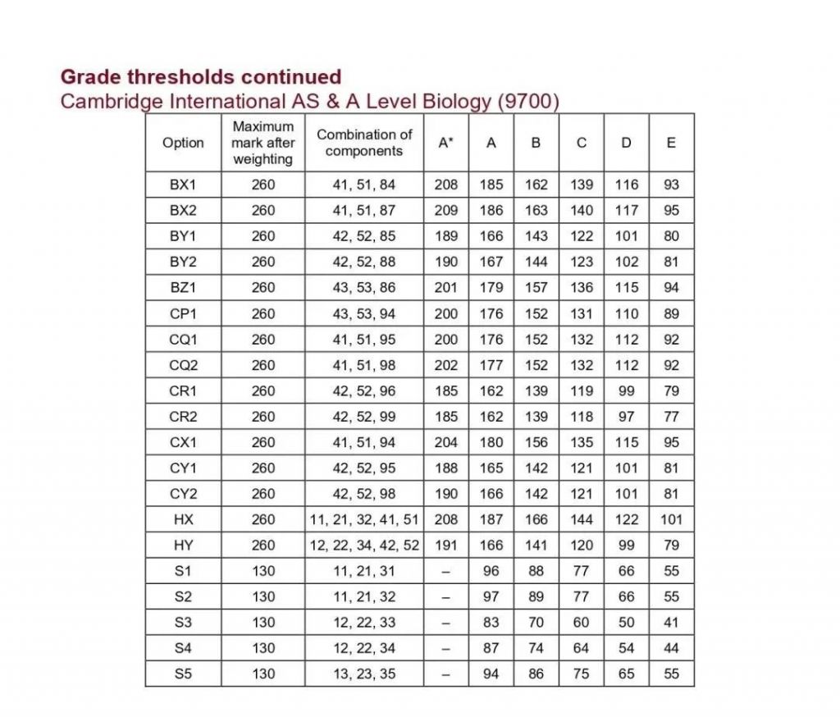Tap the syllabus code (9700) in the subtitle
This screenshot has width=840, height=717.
tap(528, 102)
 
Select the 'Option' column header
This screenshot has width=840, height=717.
tap(183, 143)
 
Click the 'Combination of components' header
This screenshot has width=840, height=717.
tap(364, 143)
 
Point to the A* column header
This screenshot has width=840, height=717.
tap(445, 143)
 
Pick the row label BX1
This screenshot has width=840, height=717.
tap(183, 185)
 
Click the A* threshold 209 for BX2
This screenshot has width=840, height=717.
tap(445, 210)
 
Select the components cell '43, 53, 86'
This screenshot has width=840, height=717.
tap(364, 288)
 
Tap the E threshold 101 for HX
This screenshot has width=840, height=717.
tap(671, 519)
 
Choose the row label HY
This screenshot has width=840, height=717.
tap(183, 545)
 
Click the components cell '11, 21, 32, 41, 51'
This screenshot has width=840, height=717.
tap(364, 519)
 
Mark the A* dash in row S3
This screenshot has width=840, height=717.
tap(445, 623)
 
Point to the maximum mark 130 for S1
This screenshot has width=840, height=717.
tap(263, 571)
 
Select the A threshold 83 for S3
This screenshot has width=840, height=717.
tap(491, 623)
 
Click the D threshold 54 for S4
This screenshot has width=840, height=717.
tap(626, 648)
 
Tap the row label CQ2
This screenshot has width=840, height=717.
tap(183, 365)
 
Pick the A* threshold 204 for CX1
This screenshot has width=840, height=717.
tap(445, 442)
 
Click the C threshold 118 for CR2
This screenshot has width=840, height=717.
tap(581, 417)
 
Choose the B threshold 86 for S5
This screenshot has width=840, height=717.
tap(536, 674)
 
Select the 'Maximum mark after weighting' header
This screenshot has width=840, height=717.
tap(263, 143)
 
